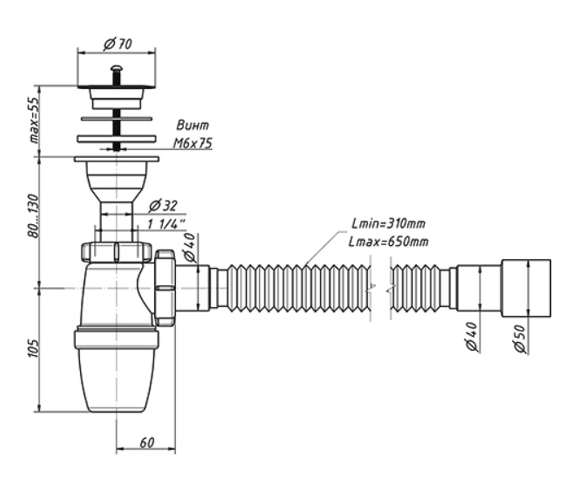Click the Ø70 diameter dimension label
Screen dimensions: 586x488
point(117,44)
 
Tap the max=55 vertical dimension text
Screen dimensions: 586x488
point(34,121)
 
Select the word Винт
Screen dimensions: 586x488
point(192,125)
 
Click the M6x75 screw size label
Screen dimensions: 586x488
point(192,143)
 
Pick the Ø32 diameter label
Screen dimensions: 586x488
point(163,206)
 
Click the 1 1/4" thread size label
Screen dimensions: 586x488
point(166,224)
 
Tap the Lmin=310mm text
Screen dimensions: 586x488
point(388,224)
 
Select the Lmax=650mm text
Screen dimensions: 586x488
point(388,242)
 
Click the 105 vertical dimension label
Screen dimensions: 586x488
point(34,348)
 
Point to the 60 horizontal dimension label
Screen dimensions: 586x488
point(146,443)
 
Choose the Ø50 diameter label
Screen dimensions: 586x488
point(520,339)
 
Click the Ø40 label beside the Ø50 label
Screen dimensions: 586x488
point(472,336)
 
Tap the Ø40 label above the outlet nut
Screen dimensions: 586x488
point(190,247)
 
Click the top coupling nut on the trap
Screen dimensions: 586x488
point(116,252)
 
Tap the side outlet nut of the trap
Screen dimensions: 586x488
point(166,288)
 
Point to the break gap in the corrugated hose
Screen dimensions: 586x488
point(380,288)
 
